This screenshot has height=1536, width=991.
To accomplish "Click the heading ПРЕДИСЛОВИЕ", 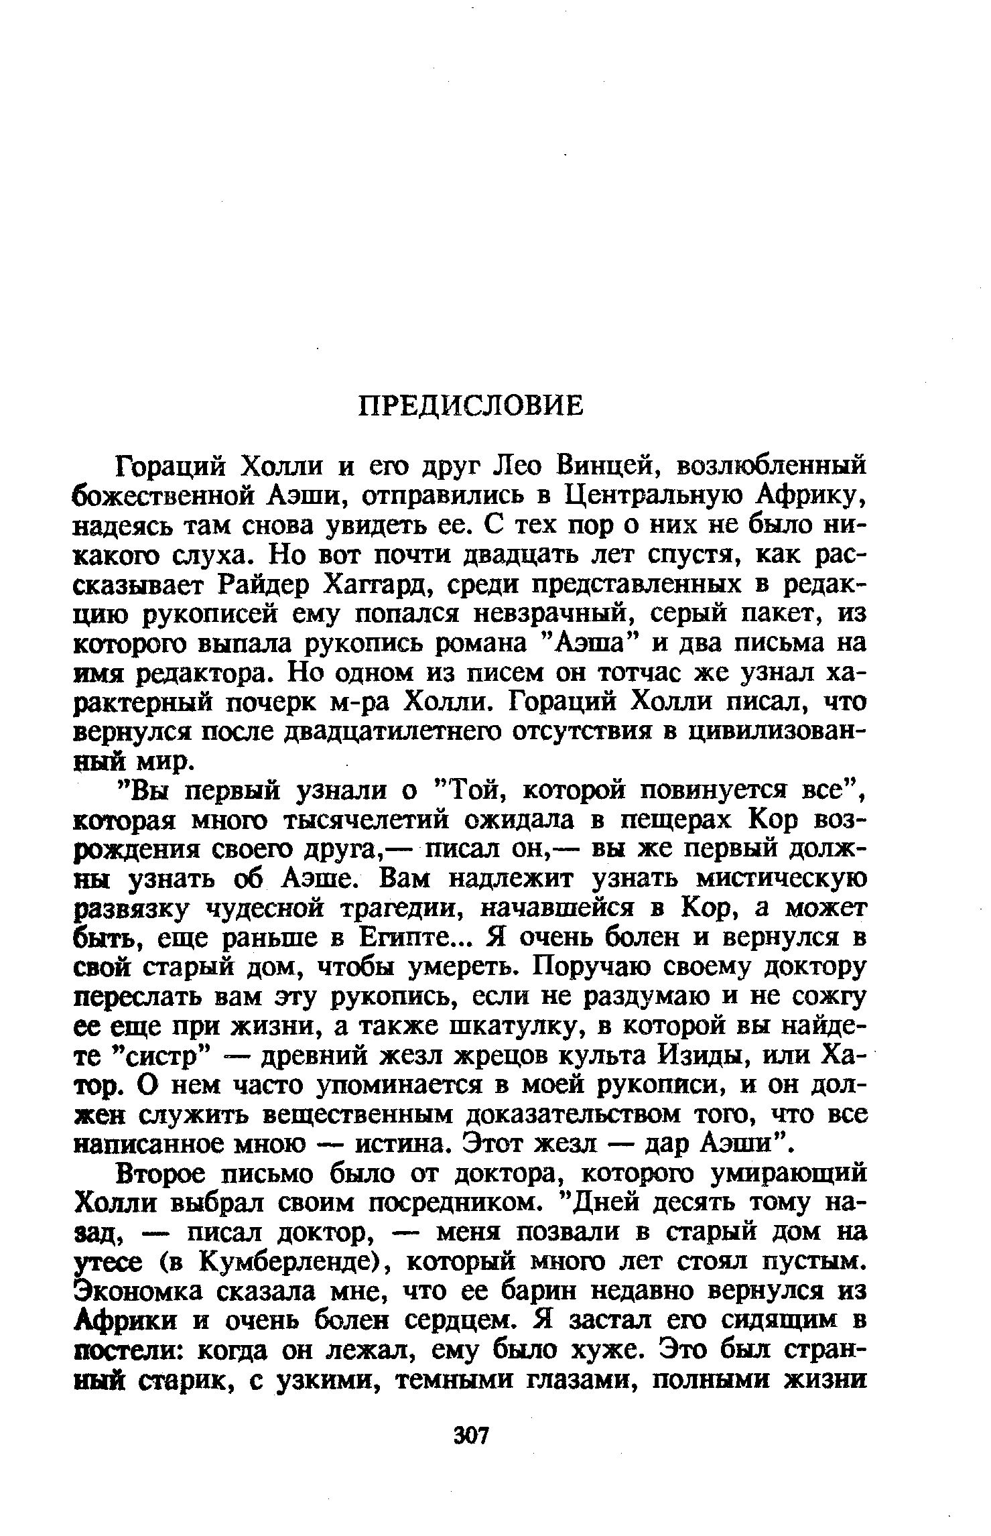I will [471, 405].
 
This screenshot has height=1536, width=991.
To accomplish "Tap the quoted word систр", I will [164, 1056].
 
